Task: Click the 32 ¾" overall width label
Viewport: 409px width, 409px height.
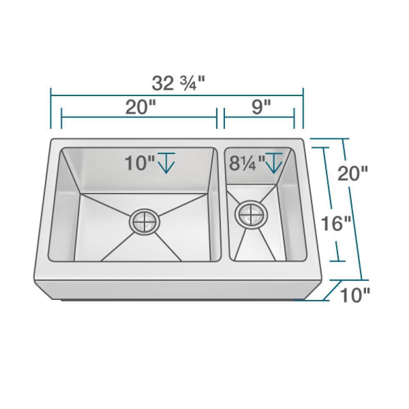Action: tap(178, 84)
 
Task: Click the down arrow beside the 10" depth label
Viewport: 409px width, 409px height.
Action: tap(166, 163)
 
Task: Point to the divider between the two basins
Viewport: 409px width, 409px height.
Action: tap(221, 204)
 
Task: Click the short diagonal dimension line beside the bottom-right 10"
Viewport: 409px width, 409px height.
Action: tap(332, 291)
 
